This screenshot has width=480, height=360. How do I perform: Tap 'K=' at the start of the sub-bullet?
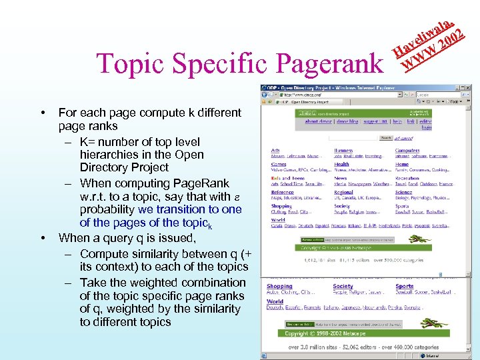coord(88,142)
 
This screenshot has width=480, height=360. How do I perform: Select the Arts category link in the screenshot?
coord(275,151)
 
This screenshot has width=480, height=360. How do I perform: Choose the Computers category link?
coord(407,151)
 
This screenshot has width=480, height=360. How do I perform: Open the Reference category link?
coord(282,192)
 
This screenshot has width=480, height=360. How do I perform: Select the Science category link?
coord(403,192)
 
